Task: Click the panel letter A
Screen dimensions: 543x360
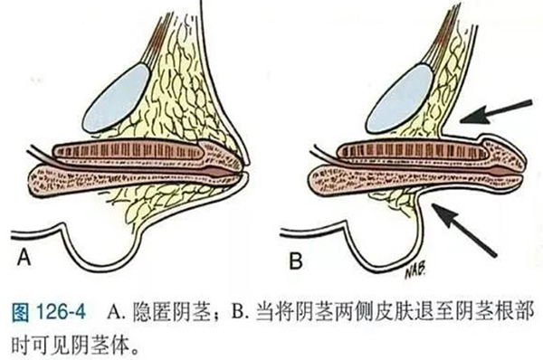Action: (24, 258)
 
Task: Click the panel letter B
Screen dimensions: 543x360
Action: (296, 261)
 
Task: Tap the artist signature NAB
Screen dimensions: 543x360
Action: (414, 272)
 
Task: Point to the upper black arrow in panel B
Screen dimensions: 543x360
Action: (496, 111)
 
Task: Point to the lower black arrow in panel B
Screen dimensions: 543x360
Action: (464, 230)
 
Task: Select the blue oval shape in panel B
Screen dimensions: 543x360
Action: (399, 99)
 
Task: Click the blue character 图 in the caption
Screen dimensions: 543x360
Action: (21, 312)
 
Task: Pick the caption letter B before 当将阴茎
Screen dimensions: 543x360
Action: (241, 312)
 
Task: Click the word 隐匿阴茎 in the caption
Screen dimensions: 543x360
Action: (171, 312)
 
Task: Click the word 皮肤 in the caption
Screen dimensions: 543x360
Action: (391, 312)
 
